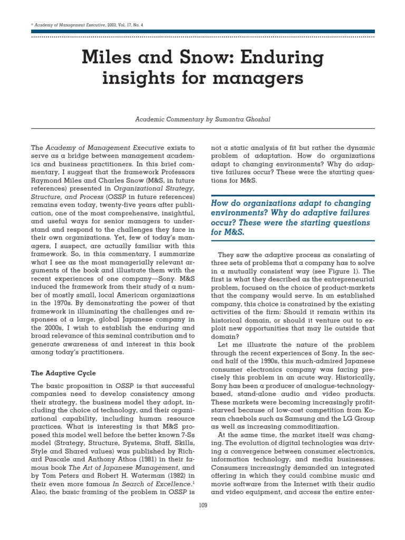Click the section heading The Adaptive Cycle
[x=63, y=373]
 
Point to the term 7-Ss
[x=185, y=450]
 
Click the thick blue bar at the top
[x=202, y=32]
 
